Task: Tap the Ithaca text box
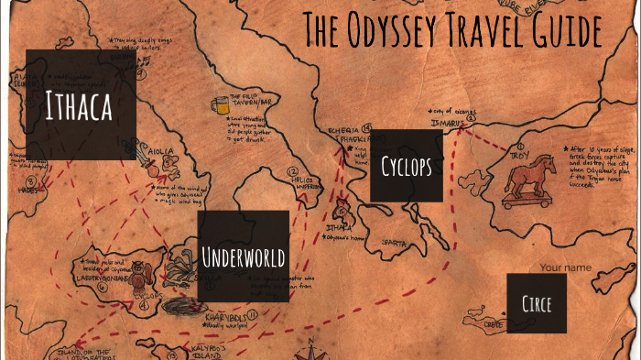(x=81, y=105)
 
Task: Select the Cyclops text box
(x=407, y=165)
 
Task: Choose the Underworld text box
(x=244, y=256)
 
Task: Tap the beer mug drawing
(x=220, y=105)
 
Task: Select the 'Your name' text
(x=562, y=268)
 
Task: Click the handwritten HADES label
(x=28, y=191)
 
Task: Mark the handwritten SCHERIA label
(x=332, y=131)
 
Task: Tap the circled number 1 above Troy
(x=519, y=145)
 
